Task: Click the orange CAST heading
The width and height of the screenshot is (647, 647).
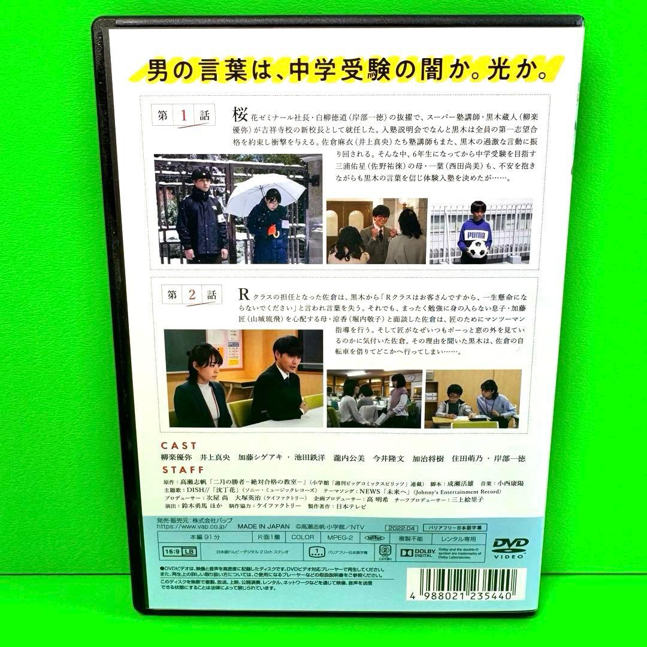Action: point(179,446)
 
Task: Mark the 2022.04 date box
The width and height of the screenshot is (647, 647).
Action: point(401,527)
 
